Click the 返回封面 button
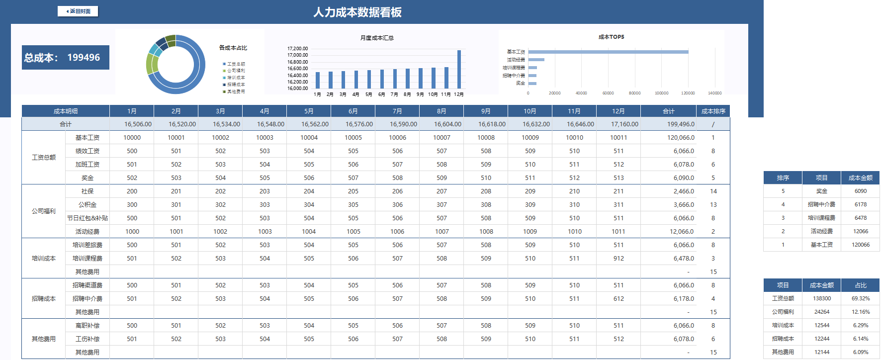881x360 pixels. pyautogui.click(x=78, y=11)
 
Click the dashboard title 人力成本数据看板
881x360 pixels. pyautogui.click(x=357, y=12)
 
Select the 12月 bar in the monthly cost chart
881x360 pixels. pyautogui.click(x=459, y=69)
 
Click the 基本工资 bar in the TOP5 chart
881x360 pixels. pyautogui.click(x=608, y=52)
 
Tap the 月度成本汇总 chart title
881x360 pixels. pyautogui.click(x=377, y=38)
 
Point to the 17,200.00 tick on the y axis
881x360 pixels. pyautogui.click(x=297, y=49)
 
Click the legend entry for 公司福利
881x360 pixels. pyautogui.click(x=235, y=71)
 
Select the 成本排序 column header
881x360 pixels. pyautogui.click(x=713, y=111)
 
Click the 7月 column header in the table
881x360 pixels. pyautogui.click(x=397, y=111)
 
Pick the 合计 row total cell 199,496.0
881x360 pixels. pyautogui.click(x=681, y=124)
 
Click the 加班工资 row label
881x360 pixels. pyautogui.click(x=88, y=165)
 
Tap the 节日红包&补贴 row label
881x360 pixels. pyautogui.click(x=88, y=218)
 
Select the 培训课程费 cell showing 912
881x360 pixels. pyautogui.click(x=618, y=259)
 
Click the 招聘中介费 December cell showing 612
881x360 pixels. pyautogui.click(x=618, y=299)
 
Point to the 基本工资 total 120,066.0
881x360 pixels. pyautogui.click(x=681, y=138)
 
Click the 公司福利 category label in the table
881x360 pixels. pyautogui.click(x=44, y=211)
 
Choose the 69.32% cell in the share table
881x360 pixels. pyautogui.click(x=861, y=298)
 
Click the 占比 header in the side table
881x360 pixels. pyautogui.click(x=861, y=285)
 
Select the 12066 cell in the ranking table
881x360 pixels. pyautogui.click(x=861, y=231)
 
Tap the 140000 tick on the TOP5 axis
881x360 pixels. pyautogui.click(x=714, y=93)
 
